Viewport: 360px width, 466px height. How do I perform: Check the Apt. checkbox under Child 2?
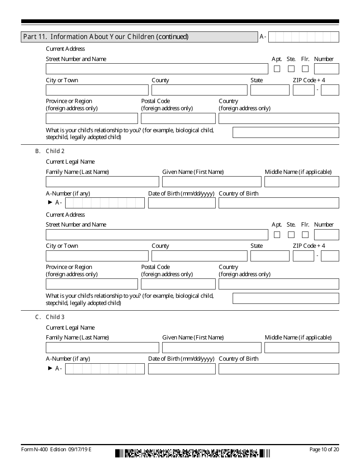click(x=277, y=235)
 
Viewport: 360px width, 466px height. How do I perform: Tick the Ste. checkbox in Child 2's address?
click(x=291, y=235)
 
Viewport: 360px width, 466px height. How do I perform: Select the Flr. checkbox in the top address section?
click(x=305, y=69)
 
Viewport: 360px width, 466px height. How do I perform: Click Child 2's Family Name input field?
click(x=102, y=182)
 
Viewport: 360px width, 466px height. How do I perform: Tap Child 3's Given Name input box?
click(x=211, y=348)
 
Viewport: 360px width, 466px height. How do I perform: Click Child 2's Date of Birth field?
click(x=182, y=203)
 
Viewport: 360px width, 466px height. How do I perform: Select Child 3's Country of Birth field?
click(x=279, y=369)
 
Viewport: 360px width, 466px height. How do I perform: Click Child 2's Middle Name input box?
click(x=302, y=182)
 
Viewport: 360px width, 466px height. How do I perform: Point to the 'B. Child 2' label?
click(x=50, y=151)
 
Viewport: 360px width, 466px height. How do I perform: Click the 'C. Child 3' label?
click(x=50, y=317)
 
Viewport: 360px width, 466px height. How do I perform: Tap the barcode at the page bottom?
click(x=193, y=453)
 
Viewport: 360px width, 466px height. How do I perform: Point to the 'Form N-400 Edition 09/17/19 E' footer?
click(x=56, y=450)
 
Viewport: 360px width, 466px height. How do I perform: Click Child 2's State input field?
click(x=270, y=256)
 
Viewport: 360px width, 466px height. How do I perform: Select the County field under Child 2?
click(x=199, y=256)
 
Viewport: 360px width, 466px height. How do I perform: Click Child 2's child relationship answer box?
click(x=286, y=299)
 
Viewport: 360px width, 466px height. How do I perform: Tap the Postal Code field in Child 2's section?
click(x=178, y=284)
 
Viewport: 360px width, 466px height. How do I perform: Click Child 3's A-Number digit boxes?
click(x=105, y=369)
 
